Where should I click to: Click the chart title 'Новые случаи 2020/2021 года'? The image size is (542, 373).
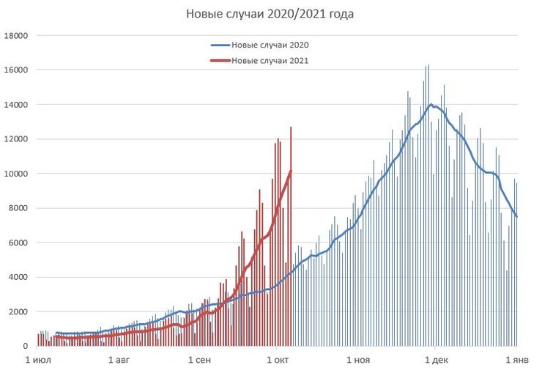270,14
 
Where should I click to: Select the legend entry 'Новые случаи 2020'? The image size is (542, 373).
269,45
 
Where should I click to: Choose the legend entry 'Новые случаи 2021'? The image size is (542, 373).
269,61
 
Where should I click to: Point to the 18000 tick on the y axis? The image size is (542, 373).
17,35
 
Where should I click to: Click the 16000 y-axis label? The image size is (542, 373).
17,70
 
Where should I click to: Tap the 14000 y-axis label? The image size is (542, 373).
17,104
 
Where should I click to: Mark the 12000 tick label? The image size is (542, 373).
17,139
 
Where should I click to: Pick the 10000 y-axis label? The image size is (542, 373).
17,174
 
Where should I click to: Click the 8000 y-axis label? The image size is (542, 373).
19,208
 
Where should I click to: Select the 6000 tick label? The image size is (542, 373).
19,243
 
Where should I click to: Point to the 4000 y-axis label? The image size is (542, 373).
19,277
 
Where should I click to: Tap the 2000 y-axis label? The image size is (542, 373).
19,311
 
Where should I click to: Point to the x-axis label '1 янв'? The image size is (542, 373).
517,360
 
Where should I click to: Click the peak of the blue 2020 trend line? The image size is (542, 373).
431,105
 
